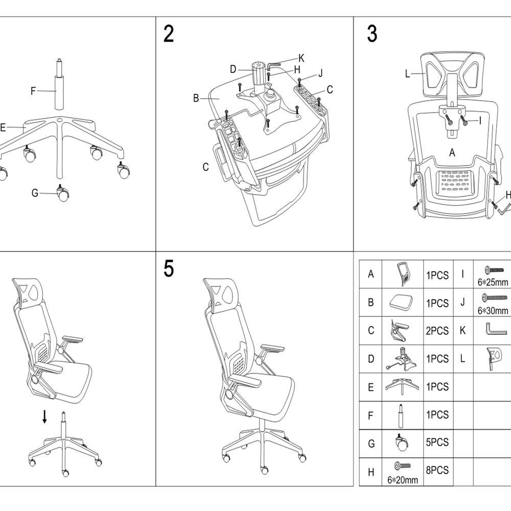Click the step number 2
click(x=169, y=34)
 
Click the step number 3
click(x=372, y=34)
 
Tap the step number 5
click(x=169, y=269)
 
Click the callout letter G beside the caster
click(x=35, y=193)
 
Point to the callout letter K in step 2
click(x=301, y=57)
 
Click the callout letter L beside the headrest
click(x=407, y=74)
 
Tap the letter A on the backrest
click(x=452, y=152)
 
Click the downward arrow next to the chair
click(x=44, y=416)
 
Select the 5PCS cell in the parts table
click(x=437, y=443)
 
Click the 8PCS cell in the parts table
click(x=437, y=470)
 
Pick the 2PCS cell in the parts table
click(x=437, y=331)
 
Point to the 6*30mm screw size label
click(x=493, y=310)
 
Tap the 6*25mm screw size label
click(x=493, y=282)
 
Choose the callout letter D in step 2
click(x=233, y=69)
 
